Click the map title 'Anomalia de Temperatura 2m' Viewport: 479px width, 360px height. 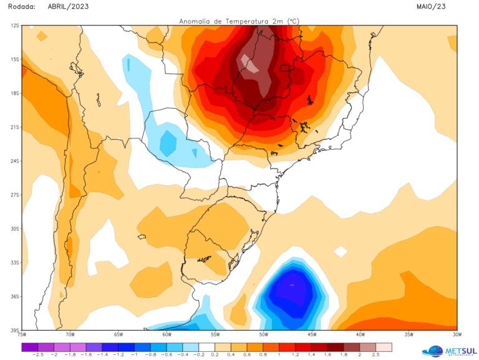coord(239,21)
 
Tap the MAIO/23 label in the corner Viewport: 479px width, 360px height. coord(431,6)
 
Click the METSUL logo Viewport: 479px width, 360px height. coord(450,351)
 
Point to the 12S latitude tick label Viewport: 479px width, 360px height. coord(14,26)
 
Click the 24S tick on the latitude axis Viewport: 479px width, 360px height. coord(14,161)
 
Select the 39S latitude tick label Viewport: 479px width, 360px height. coord(14,330)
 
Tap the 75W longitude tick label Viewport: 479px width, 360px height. coord(22,335)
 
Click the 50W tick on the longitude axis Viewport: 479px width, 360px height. coord(263,335)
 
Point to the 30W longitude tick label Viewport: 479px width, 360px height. coord(457,335)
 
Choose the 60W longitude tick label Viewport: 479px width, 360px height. coord(167,335)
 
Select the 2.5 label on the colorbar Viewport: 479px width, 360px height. coord(375,354)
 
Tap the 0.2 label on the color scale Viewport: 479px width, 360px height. coord(215,354)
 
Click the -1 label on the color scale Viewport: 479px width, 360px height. coord(134,354)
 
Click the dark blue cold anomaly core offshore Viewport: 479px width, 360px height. coord(291,288)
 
